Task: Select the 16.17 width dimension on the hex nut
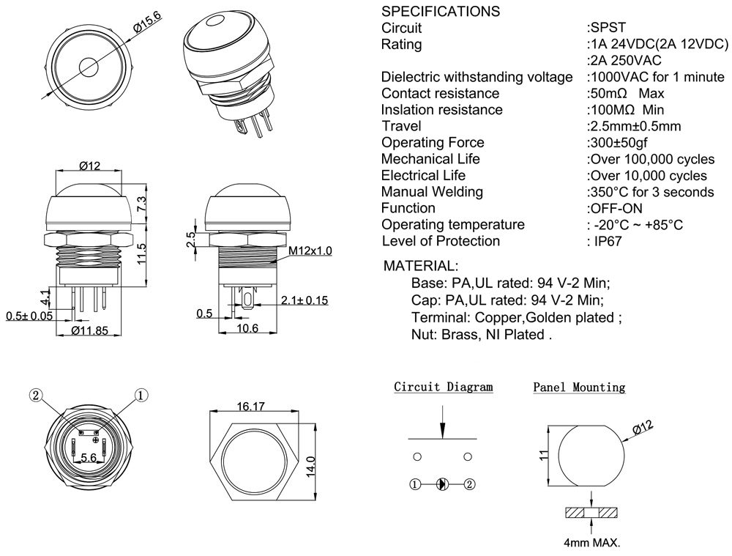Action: (x=250, y=405)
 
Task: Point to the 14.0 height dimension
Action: (x=311, y=464)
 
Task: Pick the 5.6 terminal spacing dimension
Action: (x=89, y=457)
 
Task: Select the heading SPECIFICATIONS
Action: (x=441, y=12)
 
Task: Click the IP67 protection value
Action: (x=607, y=241)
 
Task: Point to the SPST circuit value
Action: (x=607, y=28)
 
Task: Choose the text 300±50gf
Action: (x=619, y=142)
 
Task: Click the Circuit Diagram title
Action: (x=444, y=387)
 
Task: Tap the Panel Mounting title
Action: (x=579, y=387)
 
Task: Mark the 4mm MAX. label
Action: (x=591, y=544)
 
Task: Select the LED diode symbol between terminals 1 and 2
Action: (x=442, y=484)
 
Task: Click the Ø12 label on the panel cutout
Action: (x=638, y=429)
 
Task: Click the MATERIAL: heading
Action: (x=421, y=265)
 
